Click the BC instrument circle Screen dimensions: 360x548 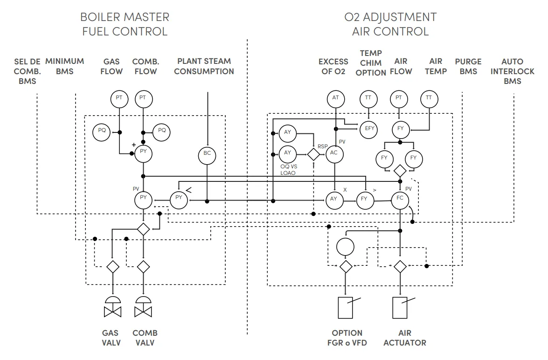coord(207,154)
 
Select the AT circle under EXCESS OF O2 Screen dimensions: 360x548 coord(335,98)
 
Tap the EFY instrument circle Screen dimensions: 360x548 coord(369,129)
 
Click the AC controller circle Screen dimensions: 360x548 coord(334,153)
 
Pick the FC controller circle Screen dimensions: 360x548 coord(400,199)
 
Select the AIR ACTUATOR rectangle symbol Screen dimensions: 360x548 coord(401,307)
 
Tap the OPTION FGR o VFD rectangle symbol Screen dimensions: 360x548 coord(345,307)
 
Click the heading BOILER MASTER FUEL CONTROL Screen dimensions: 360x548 coord(125,24)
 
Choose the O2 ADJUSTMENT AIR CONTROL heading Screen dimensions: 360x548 coord(390,24)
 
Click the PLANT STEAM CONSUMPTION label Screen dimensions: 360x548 coord(204,66)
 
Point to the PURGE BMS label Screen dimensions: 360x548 coord(468,66)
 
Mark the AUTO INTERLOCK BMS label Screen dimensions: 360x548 coord(512,71)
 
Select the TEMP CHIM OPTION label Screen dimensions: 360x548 coord(371,63)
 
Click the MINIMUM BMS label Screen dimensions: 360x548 coord(65,66)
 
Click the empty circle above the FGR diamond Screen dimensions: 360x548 coord(345,246)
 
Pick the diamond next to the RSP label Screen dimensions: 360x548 coord(313,154)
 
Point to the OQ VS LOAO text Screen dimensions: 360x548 coord(288,169)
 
